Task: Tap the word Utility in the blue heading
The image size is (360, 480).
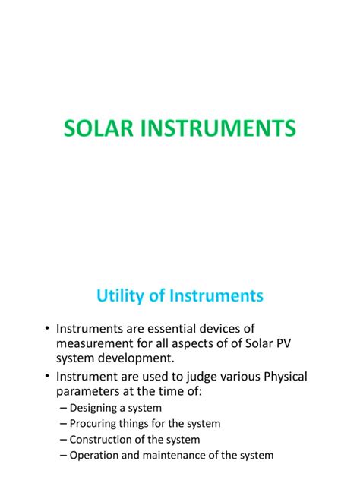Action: [x=124, y=295]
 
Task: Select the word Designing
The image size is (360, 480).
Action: [x=95, y=409]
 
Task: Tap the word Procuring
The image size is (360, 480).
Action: [x=94, y=424]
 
